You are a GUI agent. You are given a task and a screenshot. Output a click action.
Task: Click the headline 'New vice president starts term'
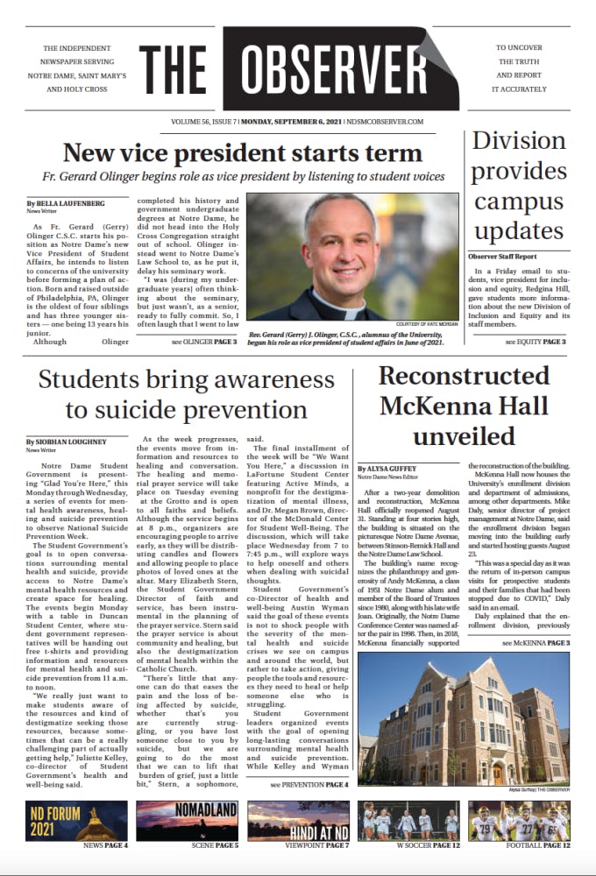[243, 153]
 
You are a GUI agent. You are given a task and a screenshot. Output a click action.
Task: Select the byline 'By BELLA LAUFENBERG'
[65, 203]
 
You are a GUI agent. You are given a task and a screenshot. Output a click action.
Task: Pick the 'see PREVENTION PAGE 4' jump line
[309, 784]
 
